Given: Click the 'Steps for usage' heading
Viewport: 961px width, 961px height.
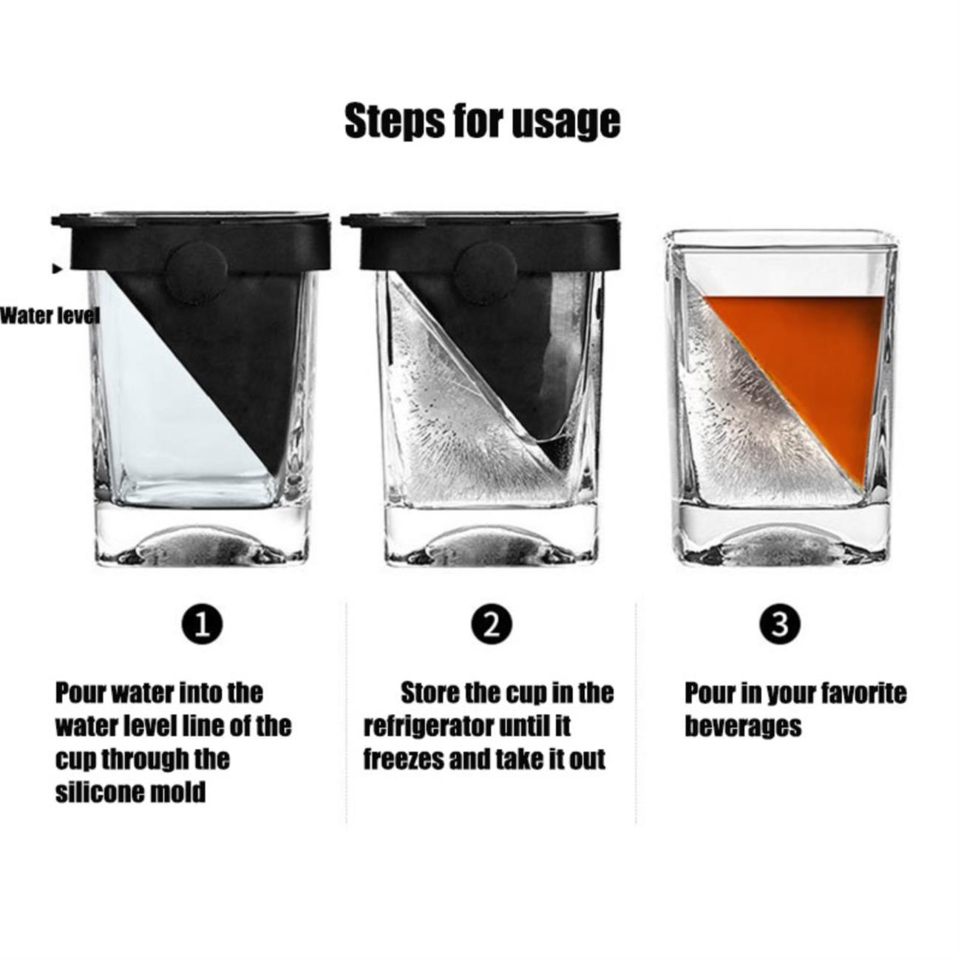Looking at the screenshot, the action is point(482,121).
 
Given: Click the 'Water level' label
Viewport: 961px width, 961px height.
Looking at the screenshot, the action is point(50,316).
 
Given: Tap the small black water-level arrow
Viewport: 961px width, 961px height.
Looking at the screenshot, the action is point(58,269).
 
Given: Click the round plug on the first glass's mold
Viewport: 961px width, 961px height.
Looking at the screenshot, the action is point(197,274).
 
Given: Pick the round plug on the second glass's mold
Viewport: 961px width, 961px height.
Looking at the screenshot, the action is point(485,274).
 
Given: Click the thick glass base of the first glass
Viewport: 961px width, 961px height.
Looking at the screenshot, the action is point(202,534).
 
